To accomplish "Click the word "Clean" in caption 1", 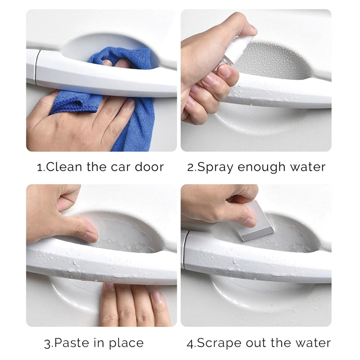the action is (x=64, y=167).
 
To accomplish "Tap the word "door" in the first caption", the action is (x=149, y=167).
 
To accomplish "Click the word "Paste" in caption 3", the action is (x=72, y=343).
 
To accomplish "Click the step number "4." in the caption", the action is (x=191, y=344).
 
